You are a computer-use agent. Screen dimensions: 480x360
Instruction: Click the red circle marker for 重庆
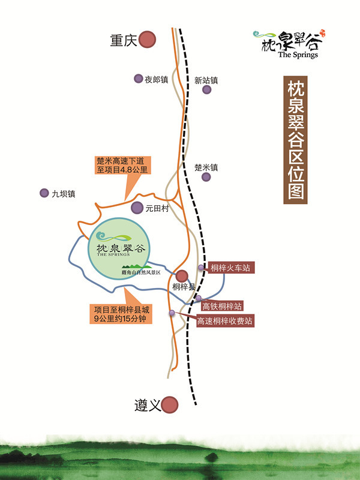147,40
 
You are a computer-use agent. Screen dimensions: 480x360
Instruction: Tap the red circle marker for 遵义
171,405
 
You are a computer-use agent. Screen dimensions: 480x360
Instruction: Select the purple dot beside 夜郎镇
137,79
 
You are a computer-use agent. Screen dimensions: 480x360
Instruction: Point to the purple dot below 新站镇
207,90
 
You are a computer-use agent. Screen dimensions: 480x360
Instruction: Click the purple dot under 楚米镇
206,177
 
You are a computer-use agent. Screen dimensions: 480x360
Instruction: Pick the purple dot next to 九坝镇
44,193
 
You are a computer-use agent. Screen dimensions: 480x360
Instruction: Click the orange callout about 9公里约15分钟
121,314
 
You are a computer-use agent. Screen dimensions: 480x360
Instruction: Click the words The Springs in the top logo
298,55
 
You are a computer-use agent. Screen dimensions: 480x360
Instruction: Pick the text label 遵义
147,406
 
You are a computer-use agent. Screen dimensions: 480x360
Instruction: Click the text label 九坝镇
63,194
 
